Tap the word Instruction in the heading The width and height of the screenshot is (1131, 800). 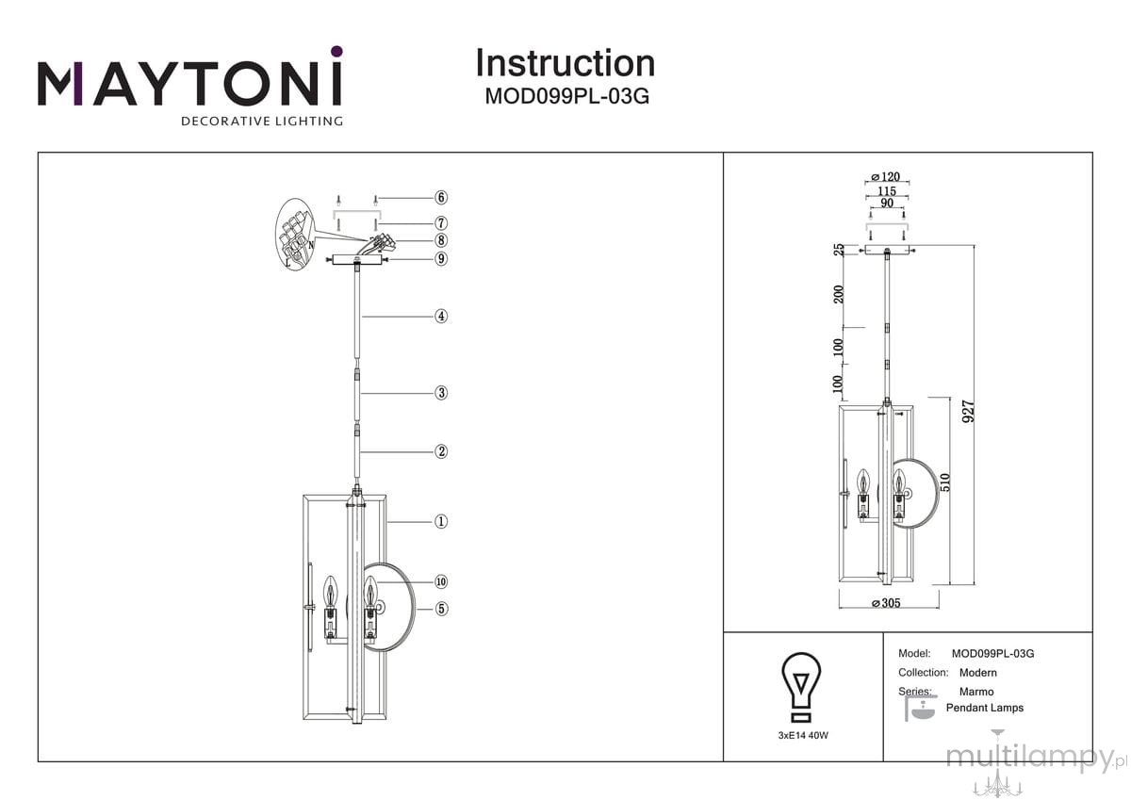pos(565,63)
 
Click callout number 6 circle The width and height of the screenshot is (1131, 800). pos(441,197)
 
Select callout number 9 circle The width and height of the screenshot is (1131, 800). pos(441,259)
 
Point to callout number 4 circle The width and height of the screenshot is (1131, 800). pos(441,317)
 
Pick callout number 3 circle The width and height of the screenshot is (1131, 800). pos(441,393)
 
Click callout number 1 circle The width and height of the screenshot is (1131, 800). pos(441,521)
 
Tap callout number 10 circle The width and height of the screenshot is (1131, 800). pos(441,582)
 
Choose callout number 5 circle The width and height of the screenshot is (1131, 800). pos(441,610)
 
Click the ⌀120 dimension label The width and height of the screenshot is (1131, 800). pos(886,176)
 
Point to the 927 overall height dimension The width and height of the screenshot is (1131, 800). pos(969,412)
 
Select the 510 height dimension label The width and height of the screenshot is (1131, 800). pos(945,482)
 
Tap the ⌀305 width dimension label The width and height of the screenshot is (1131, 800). pos(887,603)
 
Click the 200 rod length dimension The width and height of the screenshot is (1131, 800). pos(839,294)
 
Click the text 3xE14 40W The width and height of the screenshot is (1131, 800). pos(803,735)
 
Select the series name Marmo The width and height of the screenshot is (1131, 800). pos(976,692)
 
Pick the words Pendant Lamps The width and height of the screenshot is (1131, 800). pos(985,708)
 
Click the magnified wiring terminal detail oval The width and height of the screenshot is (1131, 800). pos(294,235)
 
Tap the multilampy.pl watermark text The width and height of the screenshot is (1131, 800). pos(1036,758)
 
